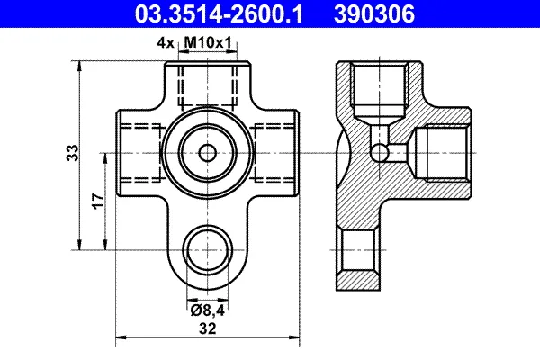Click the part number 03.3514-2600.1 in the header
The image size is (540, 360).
click(x=219, y=14)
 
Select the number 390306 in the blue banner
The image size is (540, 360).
click(x=374, y=14)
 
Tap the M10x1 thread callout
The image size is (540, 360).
click(x=209, y=43)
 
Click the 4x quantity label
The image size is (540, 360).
click(x=166, y=43)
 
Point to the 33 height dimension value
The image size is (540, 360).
click(x=72, y=153)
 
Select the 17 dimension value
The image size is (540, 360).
click(x=98, y=201)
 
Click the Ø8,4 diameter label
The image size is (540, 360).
click(x=208, y=310)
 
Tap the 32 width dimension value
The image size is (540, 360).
click(x=208, y=328)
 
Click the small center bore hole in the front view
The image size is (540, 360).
click(x=208, y=153)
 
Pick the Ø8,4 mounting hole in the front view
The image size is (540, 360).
click(x=208, y=250)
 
